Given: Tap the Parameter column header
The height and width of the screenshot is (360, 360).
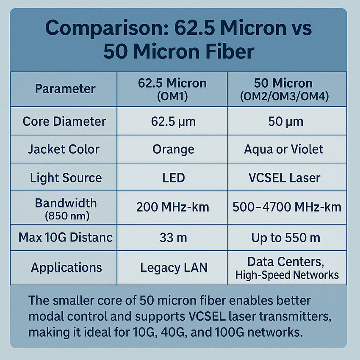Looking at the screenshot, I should click(x=65, y=89).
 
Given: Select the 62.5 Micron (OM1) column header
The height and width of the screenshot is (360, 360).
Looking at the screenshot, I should click(x=172, y=89).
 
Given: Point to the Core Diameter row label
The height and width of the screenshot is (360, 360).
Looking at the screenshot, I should click(x=64, y=122).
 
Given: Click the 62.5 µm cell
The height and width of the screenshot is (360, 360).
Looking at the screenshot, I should click(x=173, y=122).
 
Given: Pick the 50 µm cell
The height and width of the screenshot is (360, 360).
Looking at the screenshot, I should click(x=286, y=122).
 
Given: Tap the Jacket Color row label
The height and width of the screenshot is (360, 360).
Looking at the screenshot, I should click(x=64, y=150).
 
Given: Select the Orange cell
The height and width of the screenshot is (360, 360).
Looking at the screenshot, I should click(x=173, y=150).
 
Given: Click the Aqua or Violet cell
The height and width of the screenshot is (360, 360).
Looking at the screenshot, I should click(x=284, y=150).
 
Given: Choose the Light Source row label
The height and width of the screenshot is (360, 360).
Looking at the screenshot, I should click(x=66, y=177).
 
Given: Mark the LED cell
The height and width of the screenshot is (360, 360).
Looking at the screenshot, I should click(x=173, y=177).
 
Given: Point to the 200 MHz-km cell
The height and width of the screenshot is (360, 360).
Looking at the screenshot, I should click(x=173, y=208).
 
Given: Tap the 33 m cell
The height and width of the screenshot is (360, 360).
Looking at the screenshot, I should click(x=173, y=238).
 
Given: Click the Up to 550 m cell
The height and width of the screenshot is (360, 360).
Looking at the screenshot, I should click(x=286, y=238).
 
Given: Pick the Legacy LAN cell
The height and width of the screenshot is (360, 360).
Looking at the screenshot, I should click(x=173, y=268).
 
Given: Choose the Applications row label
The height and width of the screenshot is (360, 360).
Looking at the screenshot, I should click(x=66, y=268).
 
